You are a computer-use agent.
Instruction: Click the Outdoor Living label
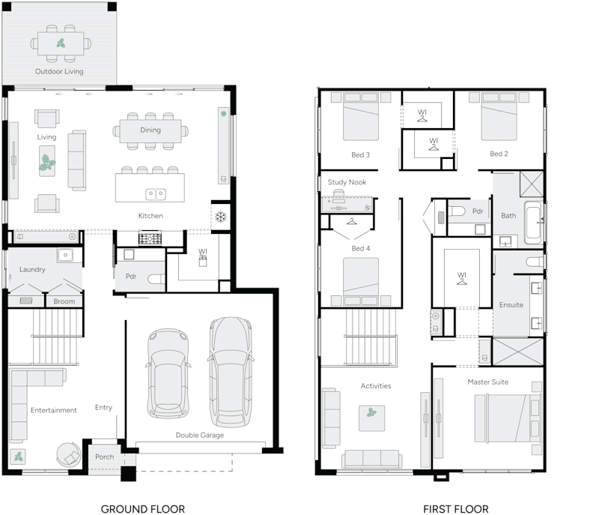(x=59, y=72)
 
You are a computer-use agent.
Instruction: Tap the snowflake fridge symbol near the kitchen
(x=221, y=217)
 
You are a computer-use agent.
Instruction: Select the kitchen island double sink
(x=156, y=194)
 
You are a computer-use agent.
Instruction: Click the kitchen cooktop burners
(x=150, y=239)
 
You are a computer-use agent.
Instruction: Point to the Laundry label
(x=32, y=269)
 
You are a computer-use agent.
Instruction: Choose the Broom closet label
(x=64, y=301)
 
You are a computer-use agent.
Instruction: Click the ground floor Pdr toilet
(x=155, y=279)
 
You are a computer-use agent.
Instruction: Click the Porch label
(x=105, y=457)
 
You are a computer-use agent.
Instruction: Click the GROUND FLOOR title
(x=142, y=509)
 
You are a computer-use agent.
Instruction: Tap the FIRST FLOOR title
(x=456, y=509)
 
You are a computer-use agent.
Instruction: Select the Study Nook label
(x=347, y=182)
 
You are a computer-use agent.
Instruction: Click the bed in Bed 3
(x=361, y=120)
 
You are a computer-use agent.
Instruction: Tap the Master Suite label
(x=487, y=382)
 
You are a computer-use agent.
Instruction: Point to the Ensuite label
(x=511, y=305)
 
